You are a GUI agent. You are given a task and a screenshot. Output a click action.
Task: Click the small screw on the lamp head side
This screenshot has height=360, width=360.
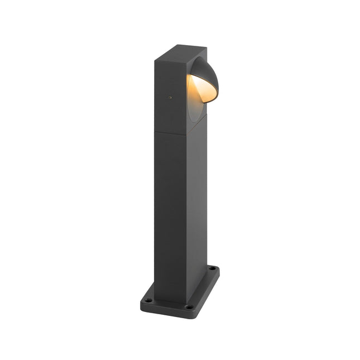click(x=170, y=97)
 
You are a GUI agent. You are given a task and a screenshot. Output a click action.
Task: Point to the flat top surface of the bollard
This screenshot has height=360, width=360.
click(x=179, y=51)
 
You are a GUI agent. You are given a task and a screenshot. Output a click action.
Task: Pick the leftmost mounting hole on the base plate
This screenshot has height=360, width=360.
click(x=148, y=300)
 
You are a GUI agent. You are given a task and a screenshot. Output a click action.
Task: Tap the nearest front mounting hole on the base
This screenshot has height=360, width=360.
click(x=189, y=306)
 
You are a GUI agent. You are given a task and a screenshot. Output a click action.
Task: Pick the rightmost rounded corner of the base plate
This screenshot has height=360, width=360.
click(x=217, y=270)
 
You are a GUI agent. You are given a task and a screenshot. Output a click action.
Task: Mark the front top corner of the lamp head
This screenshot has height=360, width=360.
click(x=186, y=59)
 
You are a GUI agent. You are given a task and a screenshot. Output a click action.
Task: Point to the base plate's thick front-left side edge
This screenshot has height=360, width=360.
click(x=165, y=310)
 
